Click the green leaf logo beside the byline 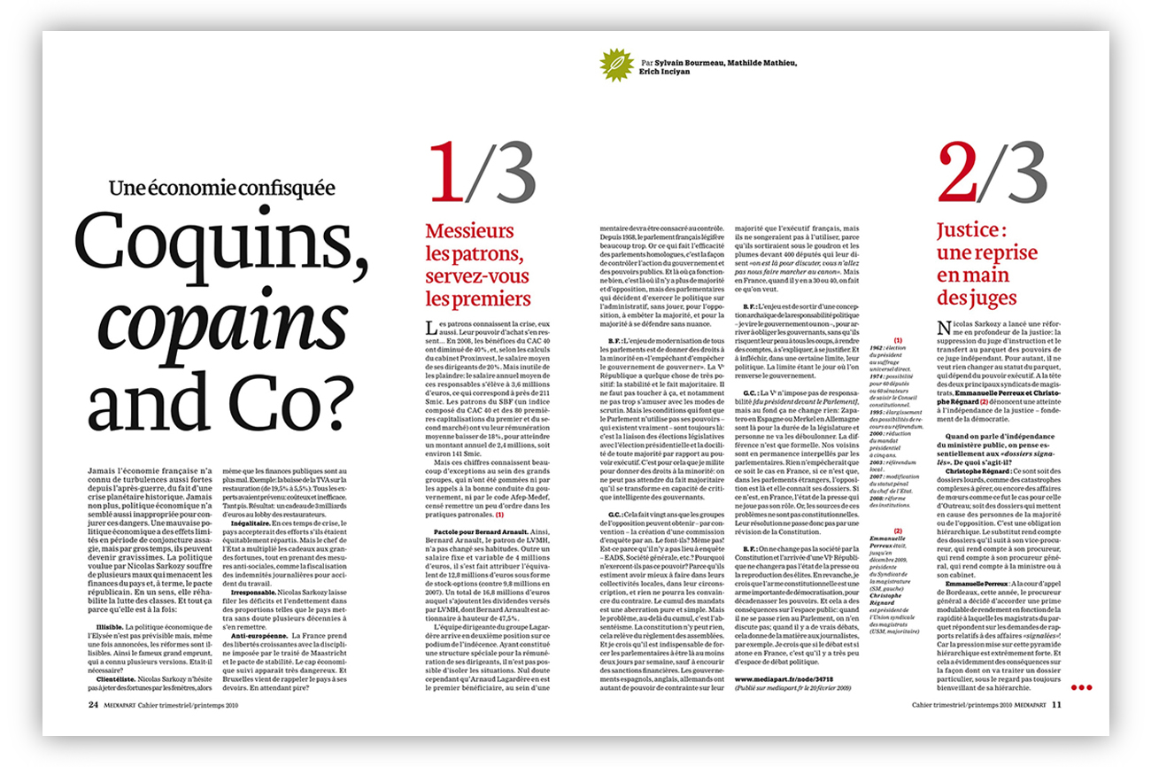[x=611, y=66]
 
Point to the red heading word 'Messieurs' [x=469, y=232]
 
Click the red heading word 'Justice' [x=969, y=232]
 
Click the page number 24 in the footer [x=93, y=705]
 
